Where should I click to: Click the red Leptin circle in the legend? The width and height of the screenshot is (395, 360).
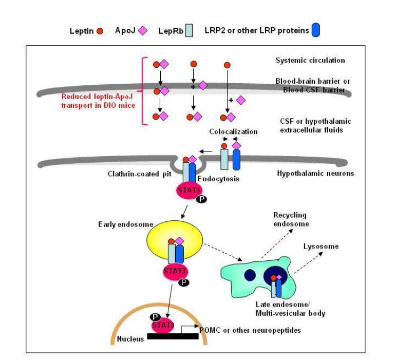click(x=100, y=31)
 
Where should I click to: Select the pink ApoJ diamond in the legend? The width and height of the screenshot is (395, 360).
click(x=143, y=31)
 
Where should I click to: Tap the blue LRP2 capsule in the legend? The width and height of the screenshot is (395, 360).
click(x=315, y=31)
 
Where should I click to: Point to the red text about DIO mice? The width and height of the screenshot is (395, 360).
click(x=98, y=100)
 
